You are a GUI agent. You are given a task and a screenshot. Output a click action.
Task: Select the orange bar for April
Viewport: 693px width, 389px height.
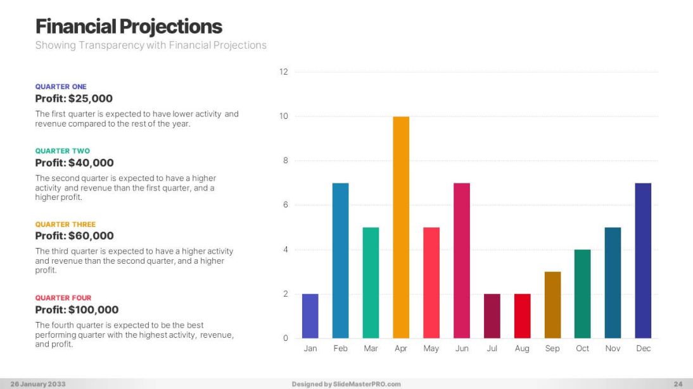tap(401, 227)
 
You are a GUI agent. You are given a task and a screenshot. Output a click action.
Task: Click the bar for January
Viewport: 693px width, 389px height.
tap(310, 316)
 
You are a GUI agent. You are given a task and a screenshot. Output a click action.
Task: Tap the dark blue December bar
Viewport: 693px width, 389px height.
tap(643, 261)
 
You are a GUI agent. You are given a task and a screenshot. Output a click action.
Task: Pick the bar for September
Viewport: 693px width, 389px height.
tap(552, 305)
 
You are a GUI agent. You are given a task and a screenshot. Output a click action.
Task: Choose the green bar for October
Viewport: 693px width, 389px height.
tap(582, 293)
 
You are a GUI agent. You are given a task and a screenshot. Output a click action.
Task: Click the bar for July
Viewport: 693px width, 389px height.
tap(492, 316)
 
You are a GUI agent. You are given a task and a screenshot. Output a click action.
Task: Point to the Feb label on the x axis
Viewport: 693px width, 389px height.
tap(340, 349)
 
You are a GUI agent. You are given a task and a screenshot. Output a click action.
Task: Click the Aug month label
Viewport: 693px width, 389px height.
tap(522, 349)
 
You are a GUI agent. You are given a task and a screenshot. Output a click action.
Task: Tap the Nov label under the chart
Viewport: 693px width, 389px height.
tap(613, 349)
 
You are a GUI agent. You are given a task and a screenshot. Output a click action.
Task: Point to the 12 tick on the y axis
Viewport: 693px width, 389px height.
tap(283, 72)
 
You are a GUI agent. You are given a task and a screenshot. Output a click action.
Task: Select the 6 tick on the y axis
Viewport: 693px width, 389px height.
tap(285, 205)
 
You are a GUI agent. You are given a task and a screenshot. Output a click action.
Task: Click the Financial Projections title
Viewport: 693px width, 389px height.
tap(129, 27)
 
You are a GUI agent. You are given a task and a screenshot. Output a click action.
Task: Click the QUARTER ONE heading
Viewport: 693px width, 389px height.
tap(61, 87)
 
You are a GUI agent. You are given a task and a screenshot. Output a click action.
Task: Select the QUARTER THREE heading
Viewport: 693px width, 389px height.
tap(65, 225)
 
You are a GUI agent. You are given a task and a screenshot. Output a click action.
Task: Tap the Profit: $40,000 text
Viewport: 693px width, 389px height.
tap(74, 163)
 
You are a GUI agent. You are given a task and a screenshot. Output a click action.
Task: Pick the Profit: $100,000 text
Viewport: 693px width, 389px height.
tap(77, 309)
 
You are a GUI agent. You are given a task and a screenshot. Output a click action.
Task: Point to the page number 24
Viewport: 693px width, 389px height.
tap(678, 384)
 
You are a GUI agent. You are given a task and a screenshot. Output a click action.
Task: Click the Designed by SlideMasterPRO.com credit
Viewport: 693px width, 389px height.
tap(346, 384)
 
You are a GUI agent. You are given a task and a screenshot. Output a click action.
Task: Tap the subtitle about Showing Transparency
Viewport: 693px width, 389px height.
tap(151, 45)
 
